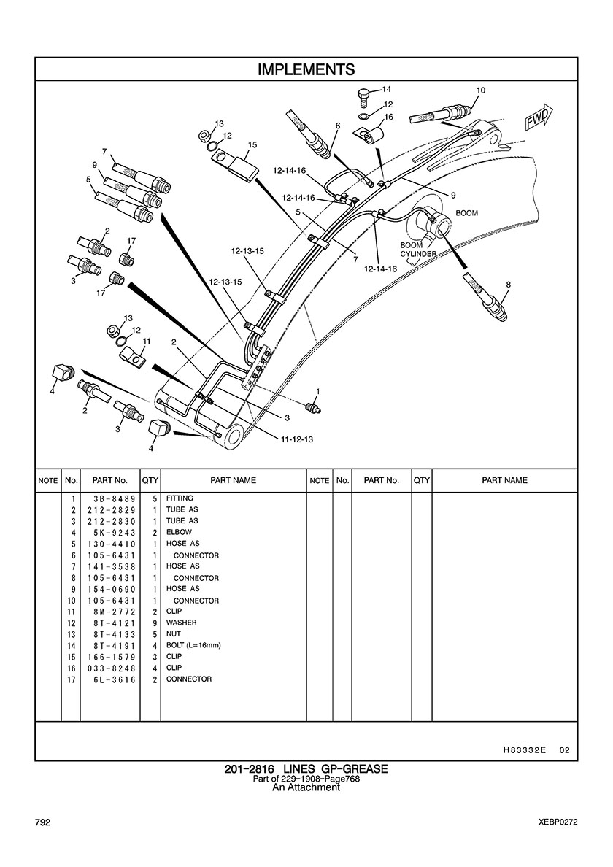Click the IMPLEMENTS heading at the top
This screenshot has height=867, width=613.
(x=306, y=69)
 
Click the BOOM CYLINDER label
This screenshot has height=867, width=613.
(x=418, y=250)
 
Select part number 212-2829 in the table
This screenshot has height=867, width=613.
(x=109, y=509)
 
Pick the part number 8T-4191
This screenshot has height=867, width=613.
(x=109, y=645)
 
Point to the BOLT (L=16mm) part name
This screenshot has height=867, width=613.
(x=193, y=645)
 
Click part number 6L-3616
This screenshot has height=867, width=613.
(x=109, y=679)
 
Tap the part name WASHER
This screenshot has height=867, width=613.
(x=181, y=623)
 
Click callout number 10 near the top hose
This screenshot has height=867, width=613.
(x=480, y=90)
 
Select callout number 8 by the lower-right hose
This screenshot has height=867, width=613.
(x=508, y=285)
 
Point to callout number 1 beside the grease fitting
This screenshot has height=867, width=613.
(x=317, y=392)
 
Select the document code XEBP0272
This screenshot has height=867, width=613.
(x=554, y=822)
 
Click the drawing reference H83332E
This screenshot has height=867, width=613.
(x=525, y=750)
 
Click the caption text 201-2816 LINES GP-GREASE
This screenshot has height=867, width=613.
(x=306, y=769)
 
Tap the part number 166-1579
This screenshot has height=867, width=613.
(x=109, y=657)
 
